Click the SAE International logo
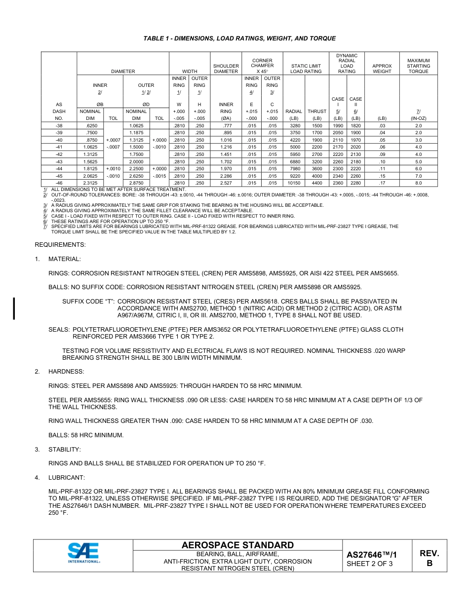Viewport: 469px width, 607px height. (83, 553)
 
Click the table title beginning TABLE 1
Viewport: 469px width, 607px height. (239, 38)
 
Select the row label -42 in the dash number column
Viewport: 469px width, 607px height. (59, 154)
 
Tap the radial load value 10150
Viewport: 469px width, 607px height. (294, 183)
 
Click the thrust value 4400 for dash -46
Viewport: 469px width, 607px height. (317, 183)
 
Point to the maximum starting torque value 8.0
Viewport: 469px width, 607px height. (418, 183)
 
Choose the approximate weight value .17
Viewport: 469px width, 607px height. (382, 183)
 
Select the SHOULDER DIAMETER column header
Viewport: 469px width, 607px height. (226, 69)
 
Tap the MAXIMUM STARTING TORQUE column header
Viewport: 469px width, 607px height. (418, 66)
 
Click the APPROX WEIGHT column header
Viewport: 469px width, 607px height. (382, 69)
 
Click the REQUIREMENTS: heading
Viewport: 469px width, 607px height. (60, 245)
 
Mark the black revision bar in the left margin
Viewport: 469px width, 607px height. (14, 308)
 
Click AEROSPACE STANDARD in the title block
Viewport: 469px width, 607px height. (237, 545)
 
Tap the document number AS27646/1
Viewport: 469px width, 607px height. (371, 555)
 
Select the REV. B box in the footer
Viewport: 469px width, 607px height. (429, 558)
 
